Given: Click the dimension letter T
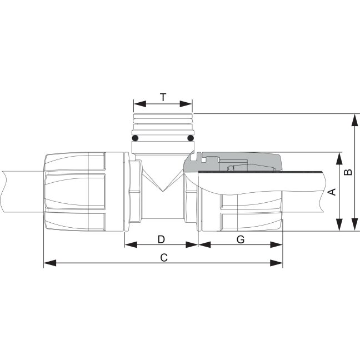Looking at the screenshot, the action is click(x=163, y=97).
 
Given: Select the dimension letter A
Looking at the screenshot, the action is click(x=332, y=192).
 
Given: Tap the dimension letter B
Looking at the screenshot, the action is click(x=348, y=172).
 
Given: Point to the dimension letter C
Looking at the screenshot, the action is click(x=164, y=258).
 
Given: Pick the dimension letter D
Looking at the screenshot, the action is click(x=162, y=239).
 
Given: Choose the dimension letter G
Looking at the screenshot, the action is click(x=241, y=239).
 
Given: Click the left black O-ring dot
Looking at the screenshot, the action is click(x=135, y=138).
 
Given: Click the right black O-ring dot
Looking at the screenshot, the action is click(x=191, y=138).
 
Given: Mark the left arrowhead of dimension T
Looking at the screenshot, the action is click(x=140, y=104).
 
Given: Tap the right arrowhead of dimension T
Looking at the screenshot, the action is click(x=186, y=104).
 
